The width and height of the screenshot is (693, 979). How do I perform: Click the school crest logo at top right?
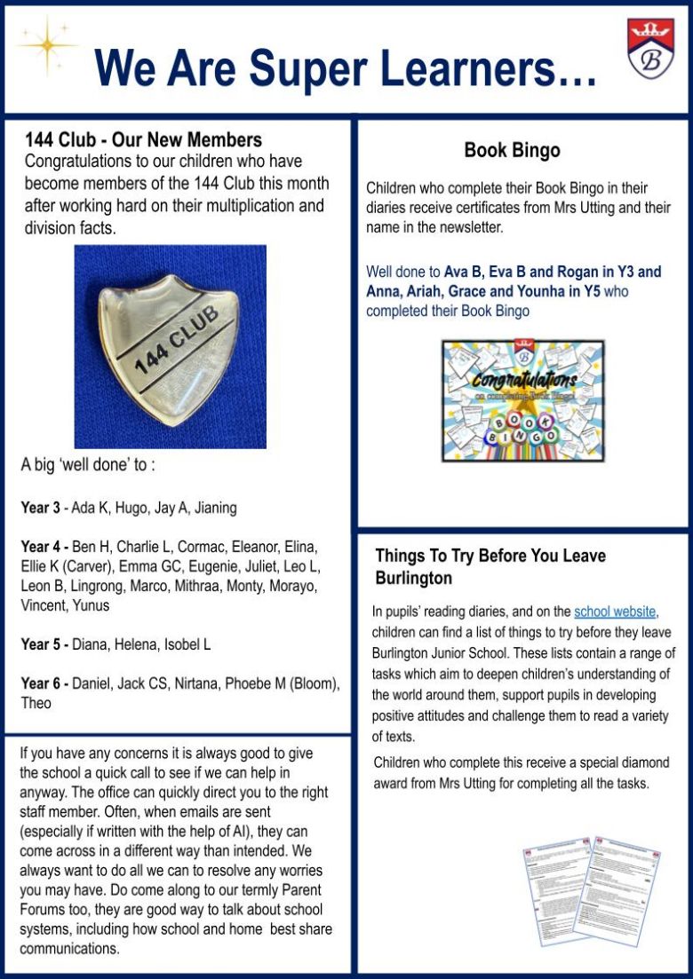[x=650, y=49]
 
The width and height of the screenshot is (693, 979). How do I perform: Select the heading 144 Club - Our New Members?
[x=143, y=140]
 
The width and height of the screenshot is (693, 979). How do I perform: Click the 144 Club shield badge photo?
[x=170, y=347]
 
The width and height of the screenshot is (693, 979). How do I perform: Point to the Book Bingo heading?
[x=512, y=151]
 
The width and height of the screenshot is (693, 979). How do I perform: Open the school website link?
[x=615, y=612]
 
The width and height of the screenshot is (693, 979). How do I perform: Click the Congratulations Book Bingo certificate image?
[x=522, y=400]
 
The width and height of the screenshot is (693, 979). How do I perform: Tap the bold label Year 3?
[x=40, y=509]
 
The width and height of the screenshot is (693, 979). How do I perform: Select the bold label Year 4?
[x=40, y=546]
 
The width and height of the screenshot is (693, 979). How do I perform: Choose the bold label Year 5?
[x=40, y=644]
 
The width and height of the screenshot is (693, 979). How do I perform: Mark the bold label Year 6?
[x=40, y=683]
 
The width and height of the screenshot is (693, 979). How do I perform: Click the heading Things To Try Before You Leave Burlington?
[x=490, y=566]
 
